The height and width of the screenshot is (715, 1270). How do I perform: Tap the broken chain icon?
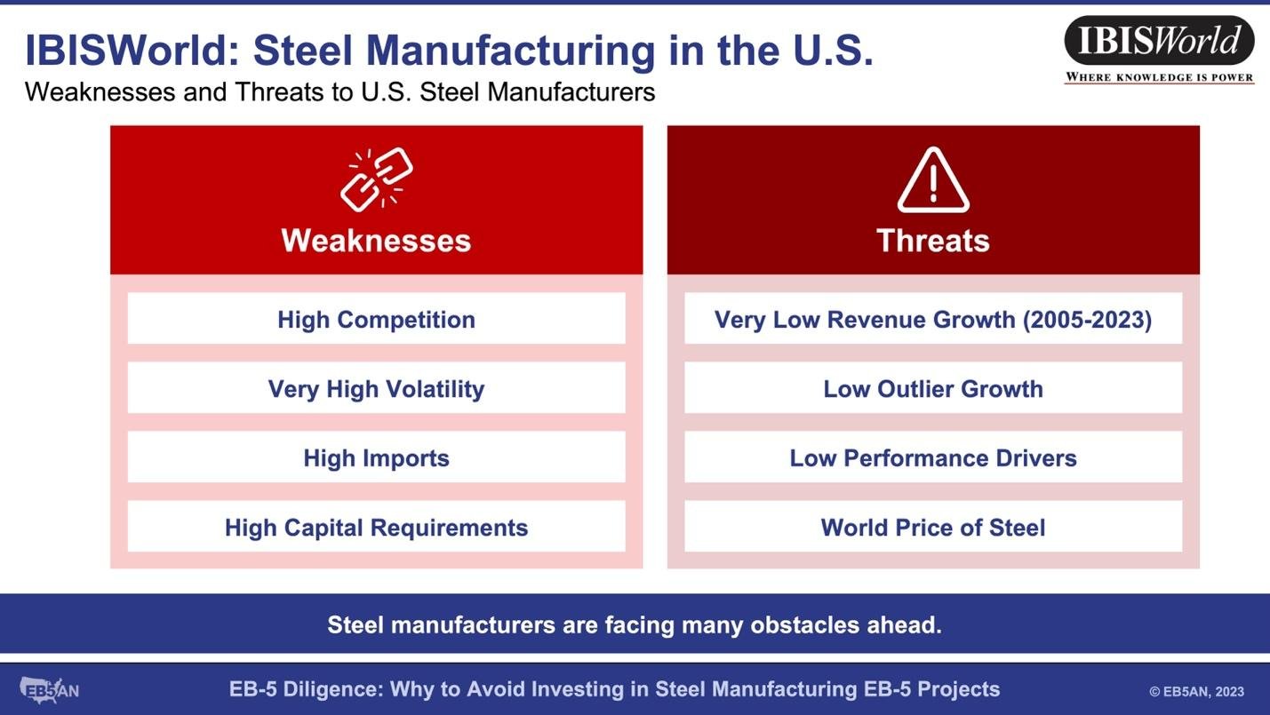click(x=377, y=179)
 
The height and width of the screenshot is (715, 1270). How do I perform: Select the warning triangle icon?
click(x=933, y=180)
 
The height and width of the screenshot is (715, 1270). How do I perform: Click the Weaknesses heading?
click(x=376, y=240)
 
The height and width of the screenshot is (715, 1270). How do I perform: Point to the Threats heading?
click(x=933, y=240)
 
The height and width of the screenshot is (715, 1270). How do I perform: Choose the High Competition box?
click(x=377, y=318)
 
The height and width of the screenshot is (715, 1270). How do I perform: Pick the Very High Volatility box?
click(x=377, y=388)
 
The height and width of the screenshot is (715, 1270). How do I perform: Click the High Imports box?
click(x=377, y=457)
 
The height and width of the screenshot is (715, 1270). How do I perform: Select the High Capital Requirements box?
click(x=377, y=527)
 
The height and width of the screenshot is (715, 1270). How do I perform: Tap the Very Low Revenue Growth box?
click(x=933, y=318)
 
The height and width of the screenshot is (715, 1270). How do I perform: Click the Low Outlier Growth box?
click(x=933, y=388)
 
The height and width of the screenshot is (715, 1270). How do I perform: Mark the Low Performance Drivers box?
click(x=933, y=457)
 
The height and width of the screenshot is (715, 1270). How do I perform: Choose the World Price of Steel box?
click(x=933, y=527)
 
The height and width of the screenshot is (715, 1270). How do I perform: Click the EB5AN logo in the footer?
click(x=50, y=690)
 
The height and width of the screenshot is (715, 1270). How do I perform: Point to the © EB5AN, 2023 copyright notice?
click(x=1196, y=692)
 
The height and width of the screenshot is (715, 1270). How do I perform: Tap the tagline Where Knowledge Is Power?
click(x=1159, y=77)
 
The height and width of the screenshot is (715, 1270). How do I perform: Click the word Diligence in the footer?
click(x=332, y=689)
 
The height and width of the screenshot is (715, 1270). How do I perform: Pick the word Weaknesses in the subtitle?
click(x=100, y=91)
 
